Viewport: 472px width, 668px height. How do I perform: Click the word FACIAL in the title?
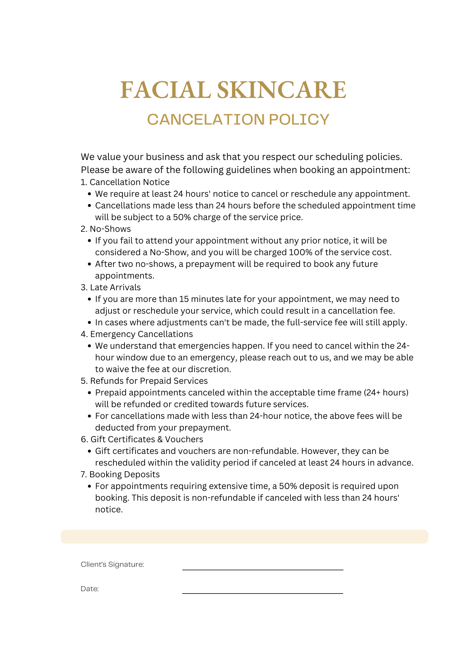tap(165, 90)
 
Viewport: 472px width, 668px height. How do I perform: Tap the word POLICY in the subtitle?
tap(299, 120)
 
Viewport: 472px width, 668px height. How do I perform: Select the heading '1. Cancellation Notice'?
tap(125, 182)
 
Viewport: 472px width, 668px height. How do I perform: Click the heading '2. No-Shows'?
tap(106, 229)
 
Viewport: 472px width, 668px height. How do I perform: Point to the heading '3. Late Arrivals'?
tap(111, 287)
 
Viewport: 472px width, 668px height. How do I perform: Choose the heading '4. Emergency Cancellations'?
tap(137, 334)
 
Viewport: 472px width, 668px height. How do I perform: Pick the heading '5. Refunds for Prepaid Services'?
tap(144, 381)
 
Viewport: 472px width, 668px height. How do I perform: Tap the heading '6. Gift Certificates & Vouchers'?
tap(142, 439)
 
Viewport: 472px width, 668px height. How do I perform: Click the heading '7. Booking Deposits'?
tap(120, 474)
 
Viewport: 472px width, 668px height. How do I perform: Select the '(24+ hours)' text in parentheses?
tap(386, 392)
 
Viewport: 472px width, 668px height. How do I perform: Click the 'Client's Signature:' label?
tap(112, 564)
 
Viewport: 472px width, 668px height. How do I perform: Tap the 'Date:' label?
tap(90, 589)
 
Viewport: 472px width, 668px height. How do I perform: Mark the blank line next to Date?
tap(263, 593)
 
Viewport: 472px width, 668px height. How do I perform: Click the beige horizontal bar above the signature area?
tap(244, 536)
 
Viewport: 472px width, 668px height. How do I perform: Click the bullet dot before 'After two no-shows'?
tap(89, 264)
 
